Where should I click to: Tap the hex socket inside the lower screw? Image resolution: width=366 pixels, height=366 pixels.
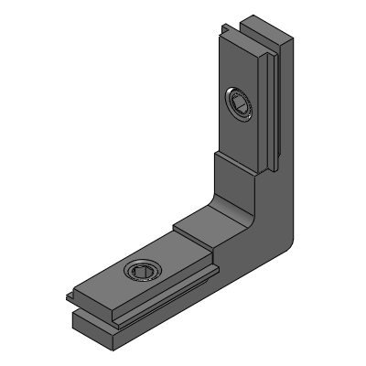click(x=143, y=272)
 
